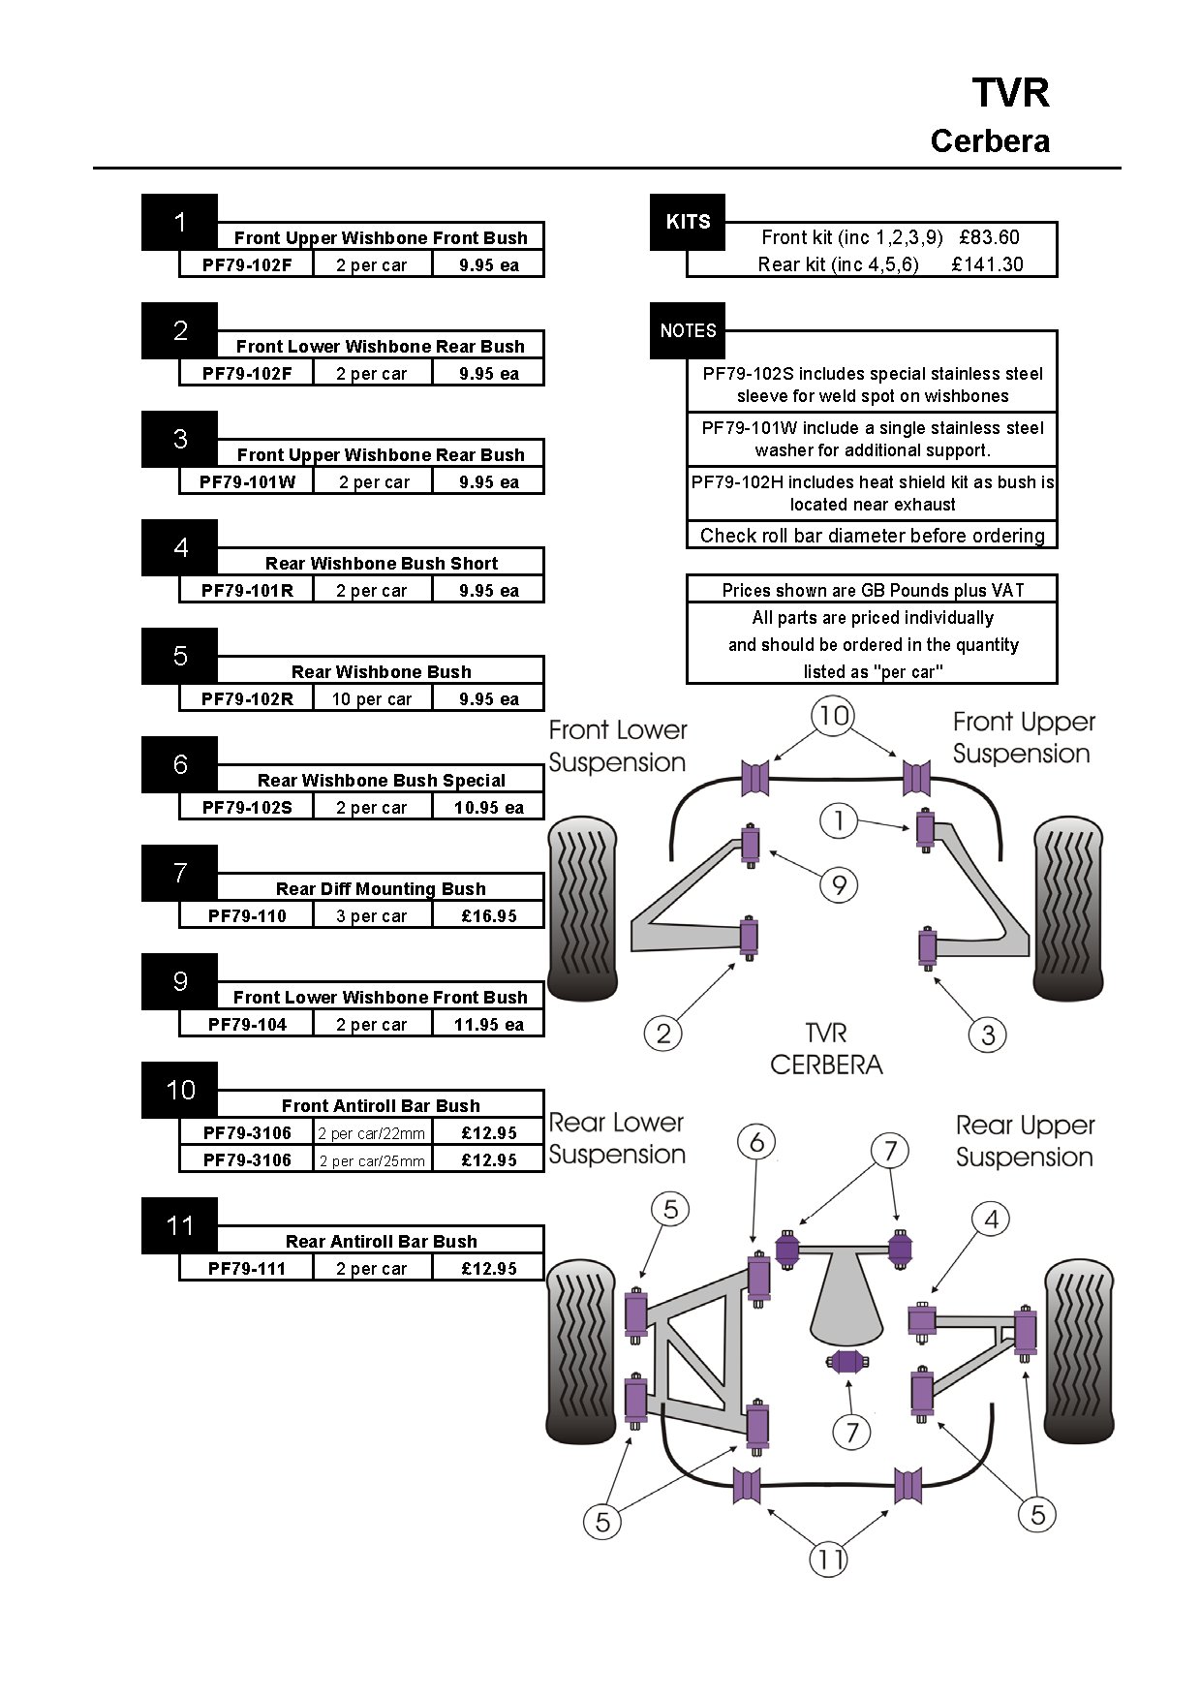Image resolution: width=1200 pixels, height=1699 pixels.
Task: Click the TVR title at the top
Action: click(1010, 94)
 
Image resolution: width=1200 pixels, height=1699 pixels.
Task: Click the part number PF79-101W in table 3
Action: click(247, 481)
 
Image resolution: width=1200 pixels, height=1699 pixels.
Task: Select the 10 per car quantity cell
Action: click(372, 698)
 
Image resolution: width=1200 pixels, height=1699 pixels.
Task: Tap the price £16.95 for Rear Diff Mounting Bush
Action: click(488, 915)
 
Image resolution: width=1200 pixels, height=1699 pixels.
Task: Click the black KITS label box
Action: click(688, 222)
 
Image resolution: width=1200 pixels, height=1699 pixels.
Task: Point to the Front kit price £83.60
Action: click(989, 237)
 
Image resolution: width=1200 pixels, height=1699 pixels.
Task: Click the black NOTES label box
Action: click(688, 330)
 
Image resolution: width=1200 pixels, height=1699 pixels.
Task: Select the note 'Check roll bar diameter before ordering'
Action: click(872, 536)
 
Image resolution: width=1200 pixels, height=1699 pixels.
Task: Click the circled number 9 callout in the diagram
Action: click(839, 884)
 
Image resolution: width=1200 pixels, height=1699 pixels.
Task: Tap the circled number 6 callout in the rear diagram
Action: click(756, 1142)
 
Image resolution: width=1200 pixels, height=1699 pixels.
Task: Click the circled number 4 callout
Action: click(991, 1219)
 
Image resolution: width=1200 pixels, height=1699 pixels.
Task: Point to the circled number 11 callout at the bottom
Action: click(828, 1560)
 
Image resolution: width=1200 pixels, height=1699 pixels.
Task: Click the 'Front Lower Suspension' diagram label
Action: click(618, 746)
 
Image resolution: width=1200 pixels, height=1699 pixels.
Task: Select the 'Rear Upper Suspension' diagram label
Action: click(1025, 1141)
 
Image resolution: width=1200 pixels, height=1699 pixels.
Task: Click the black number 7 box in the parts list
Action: click(180, 873)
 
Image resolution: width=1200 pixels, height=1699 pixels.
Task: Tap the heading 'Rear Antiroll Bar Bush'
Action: click(381, 1241)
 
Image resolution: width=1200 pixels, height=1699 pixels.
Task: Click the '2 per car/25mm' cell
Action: click(372, 1159)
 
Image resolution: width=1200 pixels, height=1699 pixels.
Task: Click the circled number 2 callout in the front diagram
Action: click(663, 1034)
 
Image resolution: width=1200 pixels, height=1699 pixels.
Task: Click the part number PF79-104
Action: click(247, 1024)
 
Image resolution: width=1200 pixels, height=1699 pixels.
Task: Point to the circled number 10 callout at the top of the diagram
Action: click(834, 716)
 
